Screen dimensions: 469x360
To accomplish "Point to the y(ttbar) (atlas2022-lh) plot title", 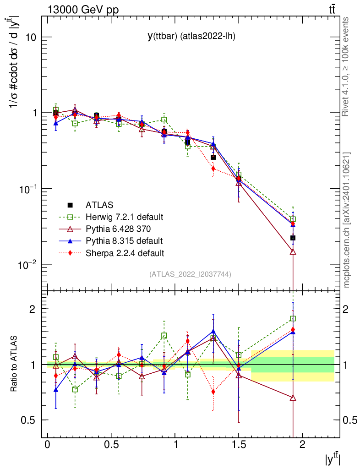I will pyautogui.click(x=191, y=37).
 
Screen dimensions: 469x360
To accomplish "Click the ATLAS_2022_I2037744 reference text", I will pyautogui.click(x=190, y=274).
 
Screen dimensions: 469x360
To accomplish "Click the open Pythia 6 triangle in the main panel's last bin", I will pyautogui.click(x=293, y=252).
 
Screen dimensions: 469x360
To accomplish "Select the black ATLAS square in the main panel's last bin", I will pyautogui.click(x=293, y=238).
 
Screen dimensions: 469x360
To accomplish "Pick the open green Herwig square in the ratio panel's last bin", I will pyautogui.click(x=293, y=318).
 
